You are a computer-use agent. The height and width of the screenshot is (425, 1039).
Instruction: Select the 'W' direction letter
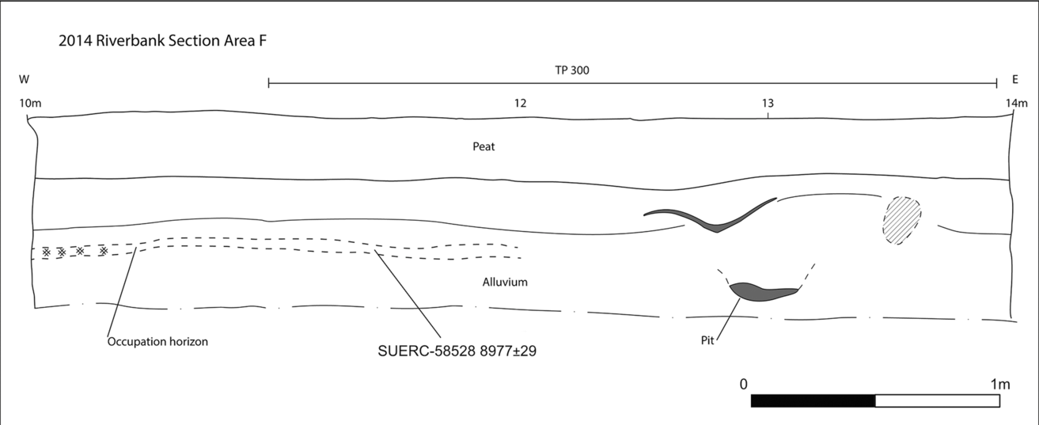(x=24, y=79)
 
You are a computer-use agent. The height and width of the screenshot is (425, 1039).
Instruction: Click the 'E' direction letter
(x=1015, y=79)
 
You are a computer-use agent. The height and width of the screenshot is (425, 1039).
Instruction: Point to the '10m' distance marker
(x=29, y=103)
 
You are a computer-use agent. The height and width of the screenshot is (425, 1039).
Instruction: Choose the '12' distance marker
(x=520, y=103)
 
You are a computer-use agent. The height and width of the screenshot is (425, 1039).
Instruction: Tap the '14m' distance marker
(x=1016, y=103)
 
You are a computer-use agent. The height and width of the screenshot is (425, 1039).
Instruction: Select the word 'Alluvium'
(x=505, y=282)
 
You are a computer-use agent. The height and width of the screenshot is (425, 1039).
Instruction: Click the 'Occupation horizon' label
(x=157, y=342)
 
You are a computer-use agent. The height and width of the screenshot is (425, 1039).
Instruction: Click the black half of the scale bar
(x=813, y=401)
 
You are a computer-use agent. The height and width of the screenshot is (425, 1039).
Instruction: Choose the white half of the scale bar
(x=937, y=401)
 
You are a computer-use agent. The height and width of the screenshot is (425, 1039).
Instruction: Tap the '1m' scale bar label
(x=999, y=384)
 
